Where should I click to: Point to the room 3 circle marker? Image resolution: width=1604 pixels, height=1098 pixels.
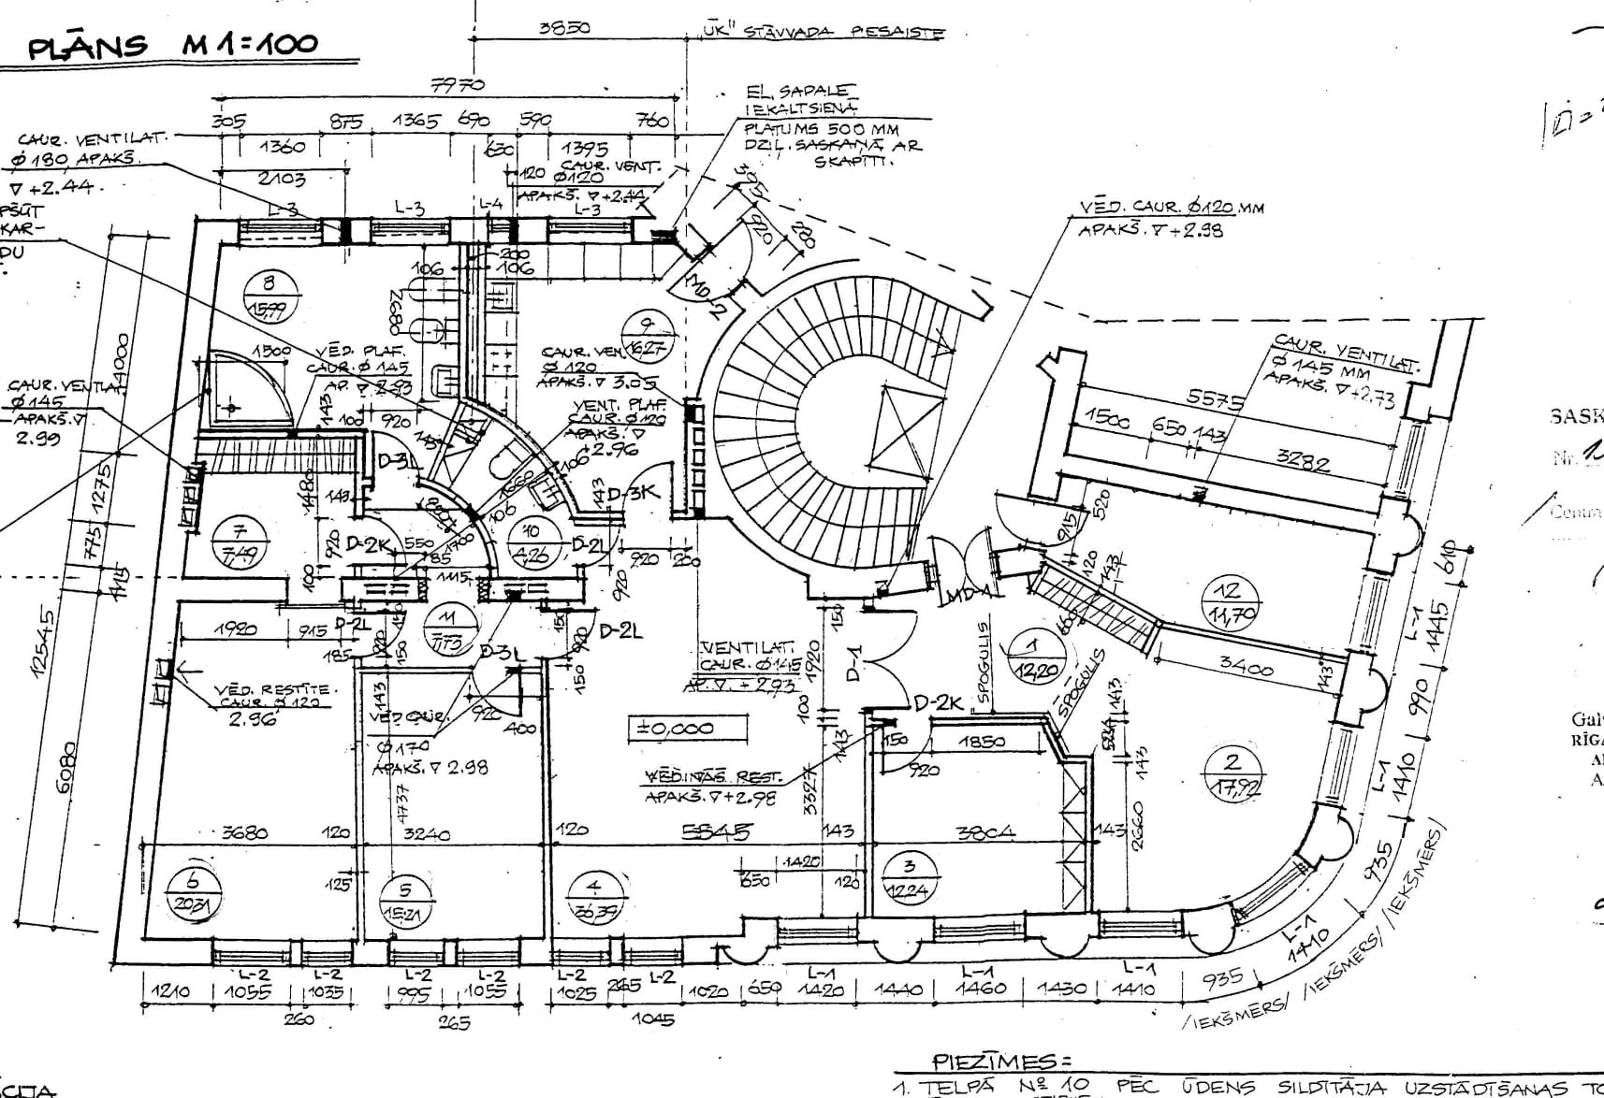click(x=907, y=878)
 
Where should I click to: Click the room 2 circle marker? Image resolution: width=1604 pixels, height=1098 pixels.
click(x=1232, y=773)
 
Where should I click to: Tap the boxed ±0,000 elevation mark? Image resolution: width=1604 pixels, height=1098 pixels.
click(x=675, y=729)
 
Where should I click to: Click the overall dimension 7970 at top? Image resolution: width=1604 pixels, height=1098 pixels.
click(x=458, y=85)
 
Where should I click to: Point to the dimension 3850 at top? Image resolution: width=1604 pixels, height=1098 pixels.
click(x=565, y=28)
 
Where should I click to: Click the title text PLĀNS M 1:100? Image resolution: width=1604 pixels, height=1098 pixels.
click(x=173, y=45)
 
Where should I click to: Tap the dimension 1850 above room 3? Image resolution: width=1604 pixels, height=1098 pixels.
click(x=982, y=742)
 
